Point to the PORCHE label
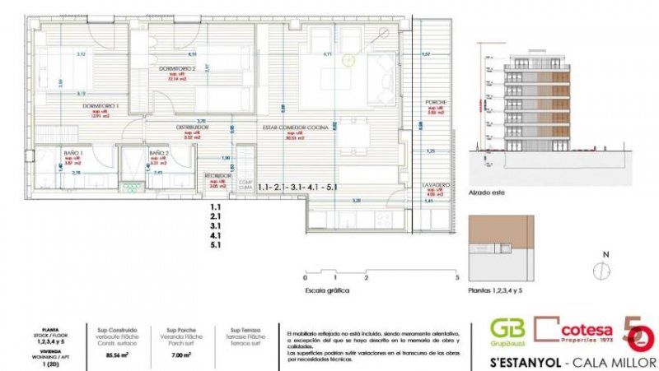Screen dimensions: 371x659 (436, 103)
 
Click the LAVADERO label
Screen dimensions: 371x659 (437, 185)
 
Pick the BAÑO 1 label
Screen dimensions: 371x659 (75, 153)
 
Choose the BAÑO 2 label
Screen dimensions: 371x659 (159, 153)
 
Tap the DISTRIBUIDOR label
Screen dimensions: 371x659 (191, 128)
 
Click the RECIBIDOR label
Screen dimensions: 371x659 (217, 176)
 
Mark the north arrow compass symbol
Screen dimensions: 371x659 (604, 270)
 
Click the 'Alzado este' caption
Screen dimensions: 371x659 (487, 194)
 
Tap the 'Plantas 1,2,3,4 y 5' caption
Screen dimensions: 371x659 (495, 290)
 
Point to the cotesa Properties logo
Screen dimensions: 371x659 (572, 331)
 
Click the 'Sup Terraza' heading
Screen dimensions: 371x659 (241, 328)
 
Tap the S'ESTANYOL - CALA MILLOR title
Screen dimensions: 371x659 (560, 361)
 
